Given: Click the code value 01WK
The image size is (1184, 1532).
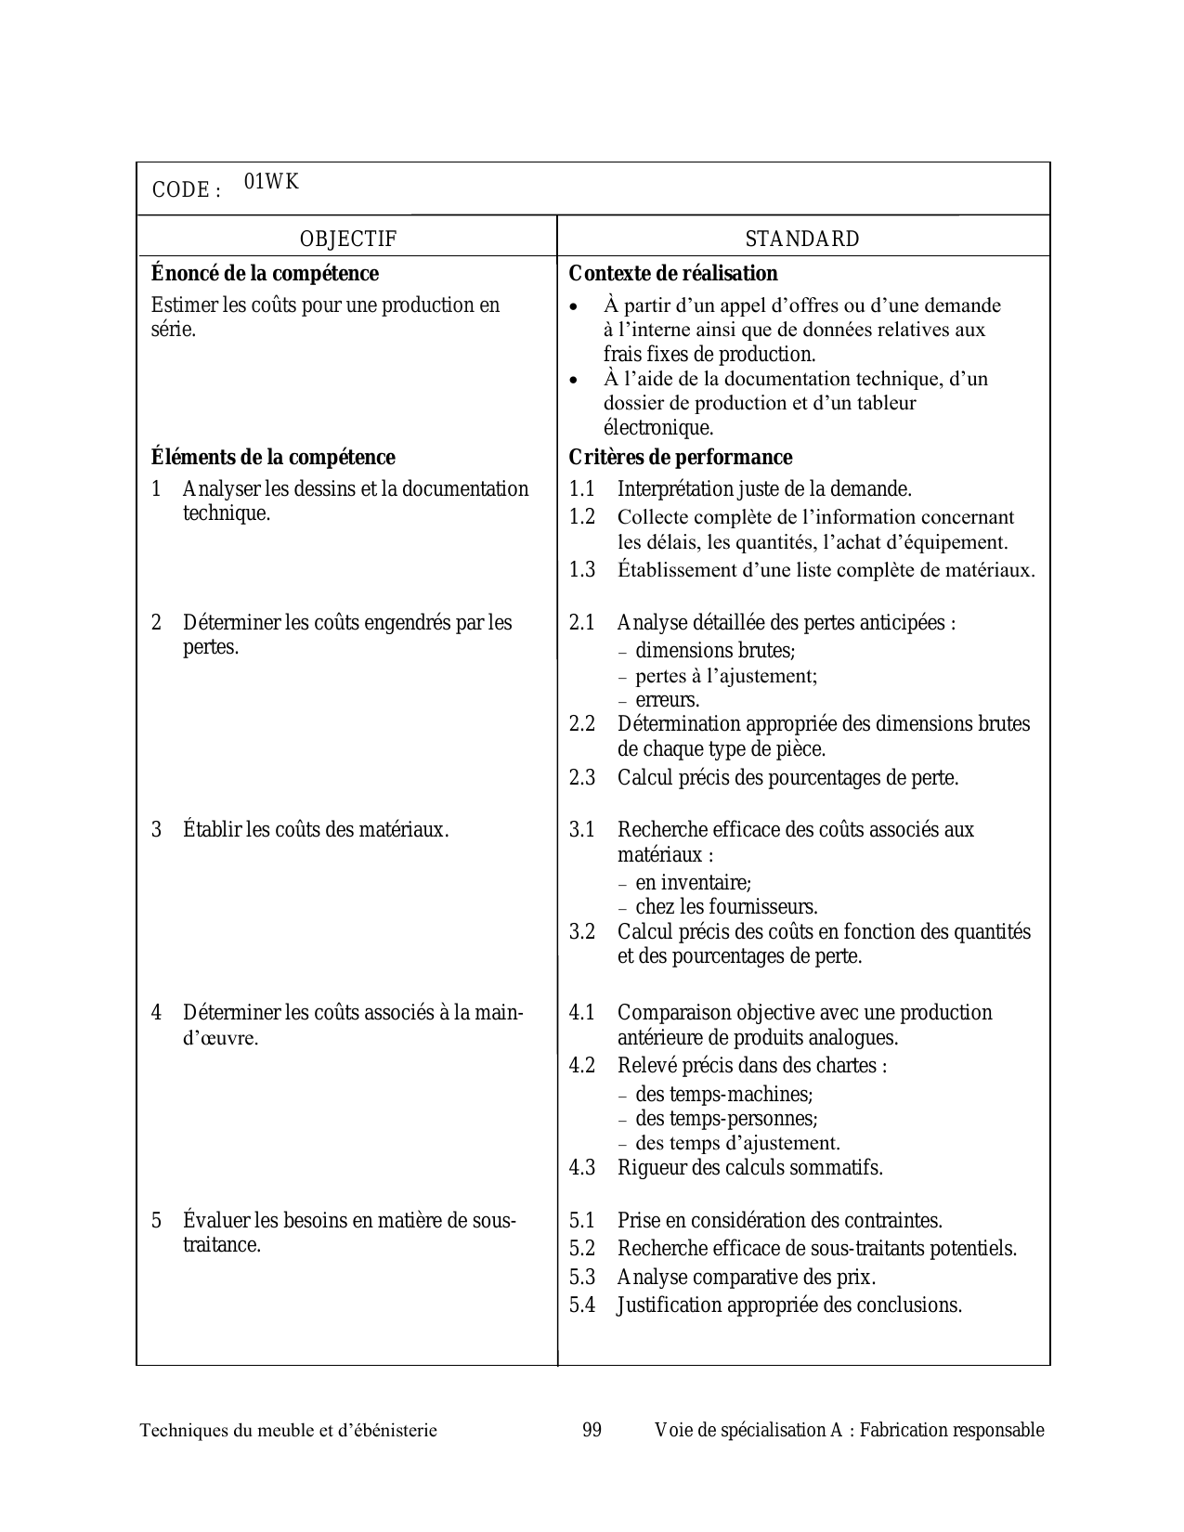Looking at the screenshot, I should (x=271, y=182).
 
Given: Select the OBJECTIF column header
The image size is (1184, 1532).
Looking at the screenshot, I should (x=347, y=240).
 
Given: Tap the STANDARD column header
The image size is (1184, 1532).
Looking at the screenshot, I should (x=802, y=240).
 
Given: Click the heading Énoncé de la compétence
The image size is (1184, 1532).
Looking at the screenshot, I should (x=265, y=274).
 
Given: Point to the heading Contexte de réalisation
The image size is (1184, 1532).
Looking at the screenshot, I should (x=672, y=274).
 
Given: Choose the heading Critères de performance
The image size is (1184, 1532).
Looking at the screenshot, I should (x=680, y=458).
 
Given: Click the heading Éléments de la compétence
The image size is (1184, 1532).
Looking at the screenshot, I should (x=273, y=458).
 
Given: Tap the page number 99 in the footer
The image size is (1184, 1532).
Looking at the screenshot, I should (x=592, y=1430).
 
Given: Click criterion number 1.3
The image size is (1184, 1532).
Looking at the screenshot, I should (x=582, y=570).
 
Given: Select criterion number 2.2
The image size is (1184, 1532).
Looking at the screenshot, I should (x=582, y=724).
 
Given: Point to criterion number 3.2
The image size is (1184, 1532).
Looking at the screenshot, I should (x=582, y=932).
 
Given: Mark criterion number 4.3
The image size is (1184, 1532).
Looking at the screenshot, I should (x=582, y=1168).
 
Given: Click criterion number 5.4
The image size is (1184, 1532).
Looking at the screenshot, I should (x=582, y=1305).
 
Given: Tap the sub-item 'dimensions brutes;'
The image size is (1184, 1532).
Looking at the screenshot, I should (x=715, y=651).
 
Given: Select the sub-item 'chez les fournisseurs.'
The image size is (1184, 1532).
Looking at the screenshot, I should (x=726, y=907).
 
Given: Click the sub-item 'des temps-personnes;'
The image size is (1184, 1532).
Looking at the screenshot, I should (x=726, y=1119).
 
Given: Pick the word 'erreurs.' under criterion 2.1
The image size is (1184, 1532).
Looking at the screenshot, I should (x=668, y=700).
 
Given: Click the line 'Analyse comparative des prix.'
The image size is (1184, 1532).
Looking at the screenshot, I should (x=746, y=1278).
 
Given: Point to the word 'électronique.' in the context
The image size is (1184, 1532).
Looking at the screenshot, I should (x=658, y=428).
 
